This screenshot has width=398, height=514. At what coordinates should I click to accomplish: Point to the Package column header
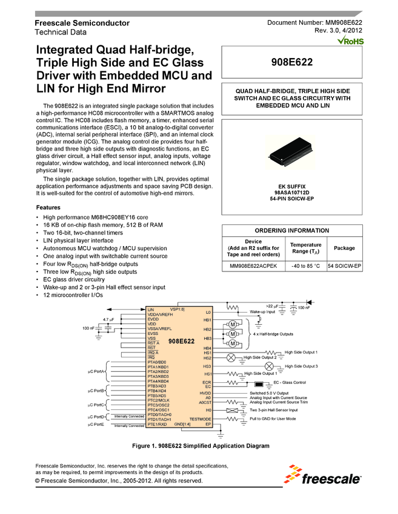(x=344, y=248)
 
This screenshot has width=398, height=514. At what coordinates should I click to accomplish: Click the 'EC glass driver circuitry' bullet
(x=78, y=279)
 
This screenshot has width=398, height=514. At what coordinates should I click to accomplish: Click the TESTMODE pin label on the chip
(x=200, y=419)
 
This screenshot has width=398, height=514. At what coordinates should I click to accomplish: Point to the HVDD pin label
(x=205, y=393)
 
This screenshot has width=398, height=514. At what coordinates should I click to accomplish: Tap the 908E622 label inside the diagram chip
(x=181, y=342)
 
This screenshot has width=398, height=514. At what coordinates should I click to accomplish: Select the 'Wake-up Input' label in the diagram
(x=262, y=312)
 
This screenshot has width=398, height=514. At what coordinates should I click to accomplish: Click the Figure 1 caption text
(x=200, y=446)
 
